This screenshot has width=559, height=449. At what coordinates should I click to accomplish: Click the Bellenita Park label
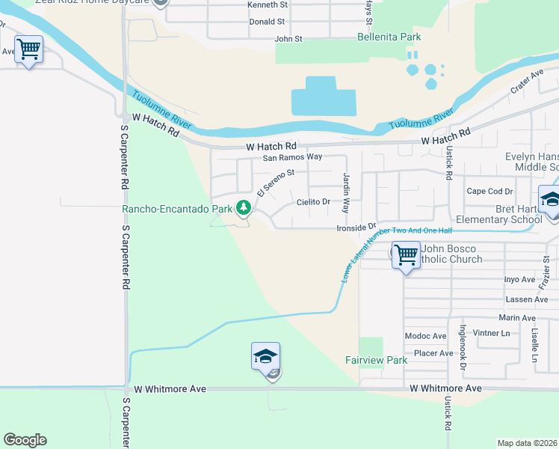(389, 37)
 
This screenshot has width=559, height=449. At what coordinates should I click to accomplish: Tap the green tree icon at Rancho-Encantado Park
(243, 207)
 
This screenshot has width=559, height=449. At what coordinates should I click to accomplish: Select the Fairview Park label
(376, 360)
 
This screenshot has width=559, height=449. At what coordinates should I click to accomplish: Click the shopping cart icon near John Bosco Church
(406, 254)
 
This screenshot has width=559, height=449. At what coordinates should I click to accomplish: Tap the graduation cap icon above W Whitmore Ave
(265, 356)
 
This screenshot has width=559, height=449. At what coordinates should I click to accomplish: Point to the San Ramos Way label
(291, 157)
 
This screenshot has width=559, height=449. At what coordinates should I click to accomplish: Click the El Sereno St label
(277, 181)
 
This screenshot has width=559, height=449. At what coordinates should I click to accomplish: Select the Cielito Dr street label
(313, 202)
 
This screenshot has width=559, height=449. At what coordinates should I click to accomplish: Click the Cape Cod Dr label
(489, 191)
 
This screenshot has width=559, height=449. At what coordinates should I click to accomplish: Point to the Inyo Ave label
(520, 279)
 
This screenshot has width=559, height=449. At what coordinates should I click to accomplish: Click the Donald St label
(267, 22)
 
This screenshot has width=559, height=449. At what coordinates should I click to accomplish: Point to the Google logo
(25, 440)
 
